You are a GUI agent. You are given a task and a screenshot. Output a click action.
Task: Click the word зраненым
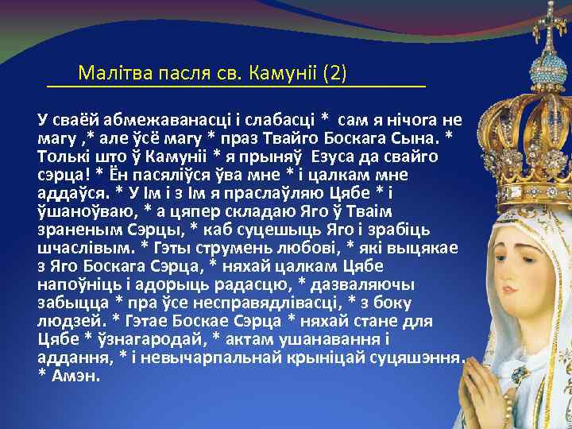tap(75, 230)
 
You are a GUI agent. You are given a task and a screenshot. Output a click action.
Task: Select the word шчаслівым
tap(83, 248)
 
